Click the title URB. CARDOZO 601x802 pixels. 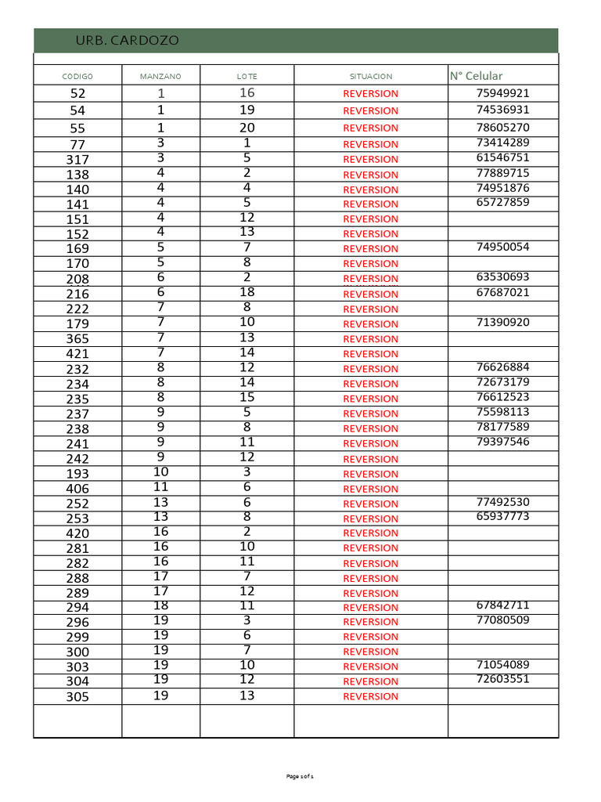coord(127,41)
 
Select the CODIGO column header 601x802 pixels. coord(77,76)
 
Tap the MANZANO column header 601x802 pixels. coord(160,76)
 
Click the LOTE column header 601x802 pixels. coord(247,76)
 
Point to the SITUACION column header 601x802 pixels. coord(371,76)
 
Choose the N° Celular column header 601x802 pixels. coord(476,76)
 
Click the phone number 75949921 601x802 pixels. coord(502,93)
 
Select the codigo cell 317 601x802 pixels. coord(77,160)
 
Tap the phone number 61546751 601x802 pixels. coord(502,157)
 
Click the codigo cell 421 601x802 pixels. coord(77,354)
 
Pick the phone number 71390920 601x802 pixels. coord(502,322)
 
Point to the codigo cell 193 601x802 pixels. coord(77,474)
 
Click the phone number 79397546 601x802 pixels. coord(502,442)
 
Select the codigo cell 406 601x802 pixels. coord(77,489)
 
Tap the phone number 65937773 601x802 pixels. coord(502,516)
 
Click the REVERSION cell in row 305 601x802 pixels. coord(371,696)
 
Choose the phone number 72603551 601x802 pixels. coord(502,679)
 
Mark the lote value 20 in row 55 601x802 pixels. coord(247,128)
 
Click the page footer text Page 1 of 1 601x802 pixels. coord(300,776)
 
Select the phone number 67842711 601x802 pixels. coord(502,605)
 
